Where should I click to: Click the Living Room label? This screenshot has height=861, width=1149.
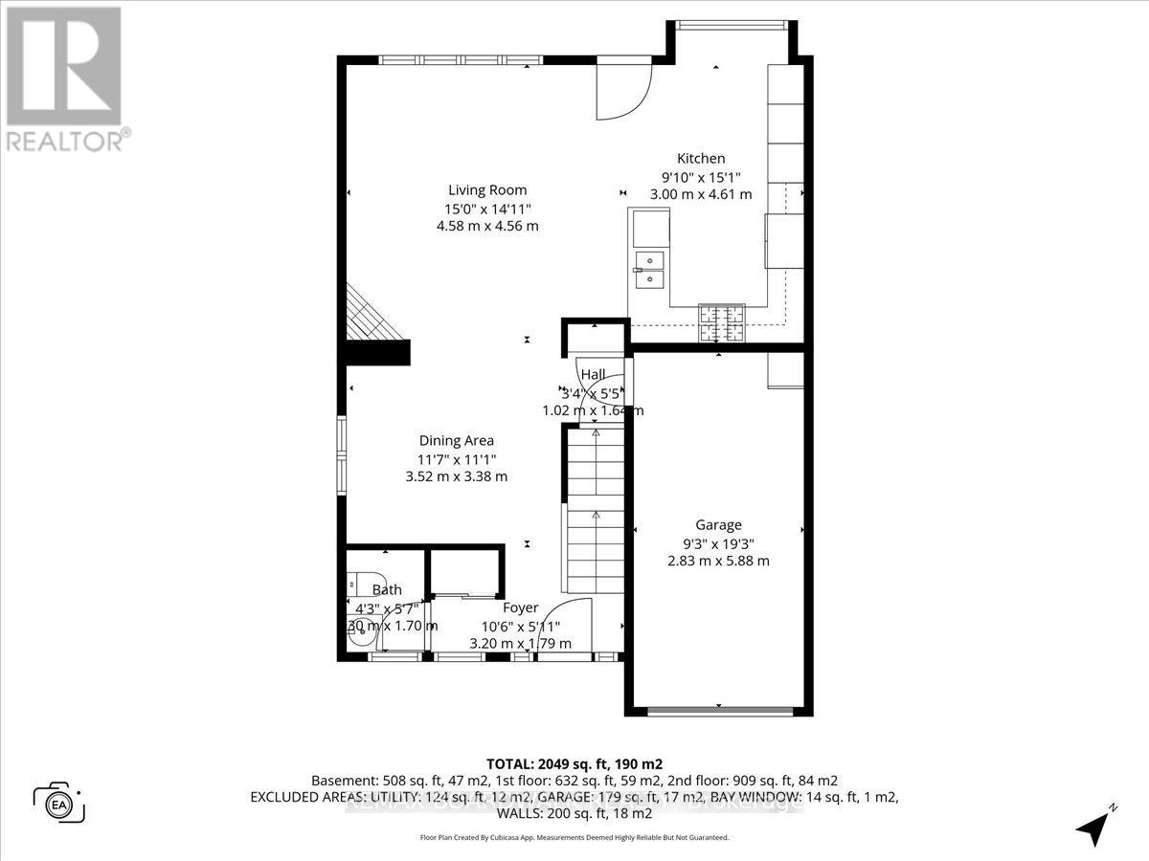488,189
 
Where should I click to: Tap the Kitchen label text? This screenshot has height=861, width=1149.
701,159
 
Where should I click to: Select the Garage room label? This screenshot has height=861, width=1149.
718,524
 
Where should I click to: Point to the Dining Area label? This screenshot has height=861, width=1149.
457,440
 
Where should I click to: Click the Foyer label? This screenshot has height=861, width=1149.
520,607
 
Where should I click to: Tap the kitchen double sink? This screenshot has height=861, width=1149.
649,269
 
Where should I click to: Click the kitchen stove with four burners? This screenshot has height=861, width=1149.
721,323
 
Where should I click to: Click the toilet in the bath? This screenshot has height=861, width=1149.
354,584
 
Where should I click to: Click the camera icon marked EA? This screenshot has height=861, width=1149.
59,802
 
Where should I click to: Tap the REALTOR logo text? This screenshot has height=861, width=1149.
65,142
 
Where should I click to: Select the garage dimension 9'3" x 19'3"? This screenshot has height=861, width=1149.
718,542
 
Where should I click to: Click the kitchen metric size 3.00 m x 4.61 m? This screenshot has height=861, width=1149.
701,194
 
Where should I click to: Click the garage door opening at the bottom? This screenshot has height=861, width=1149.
719,711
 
